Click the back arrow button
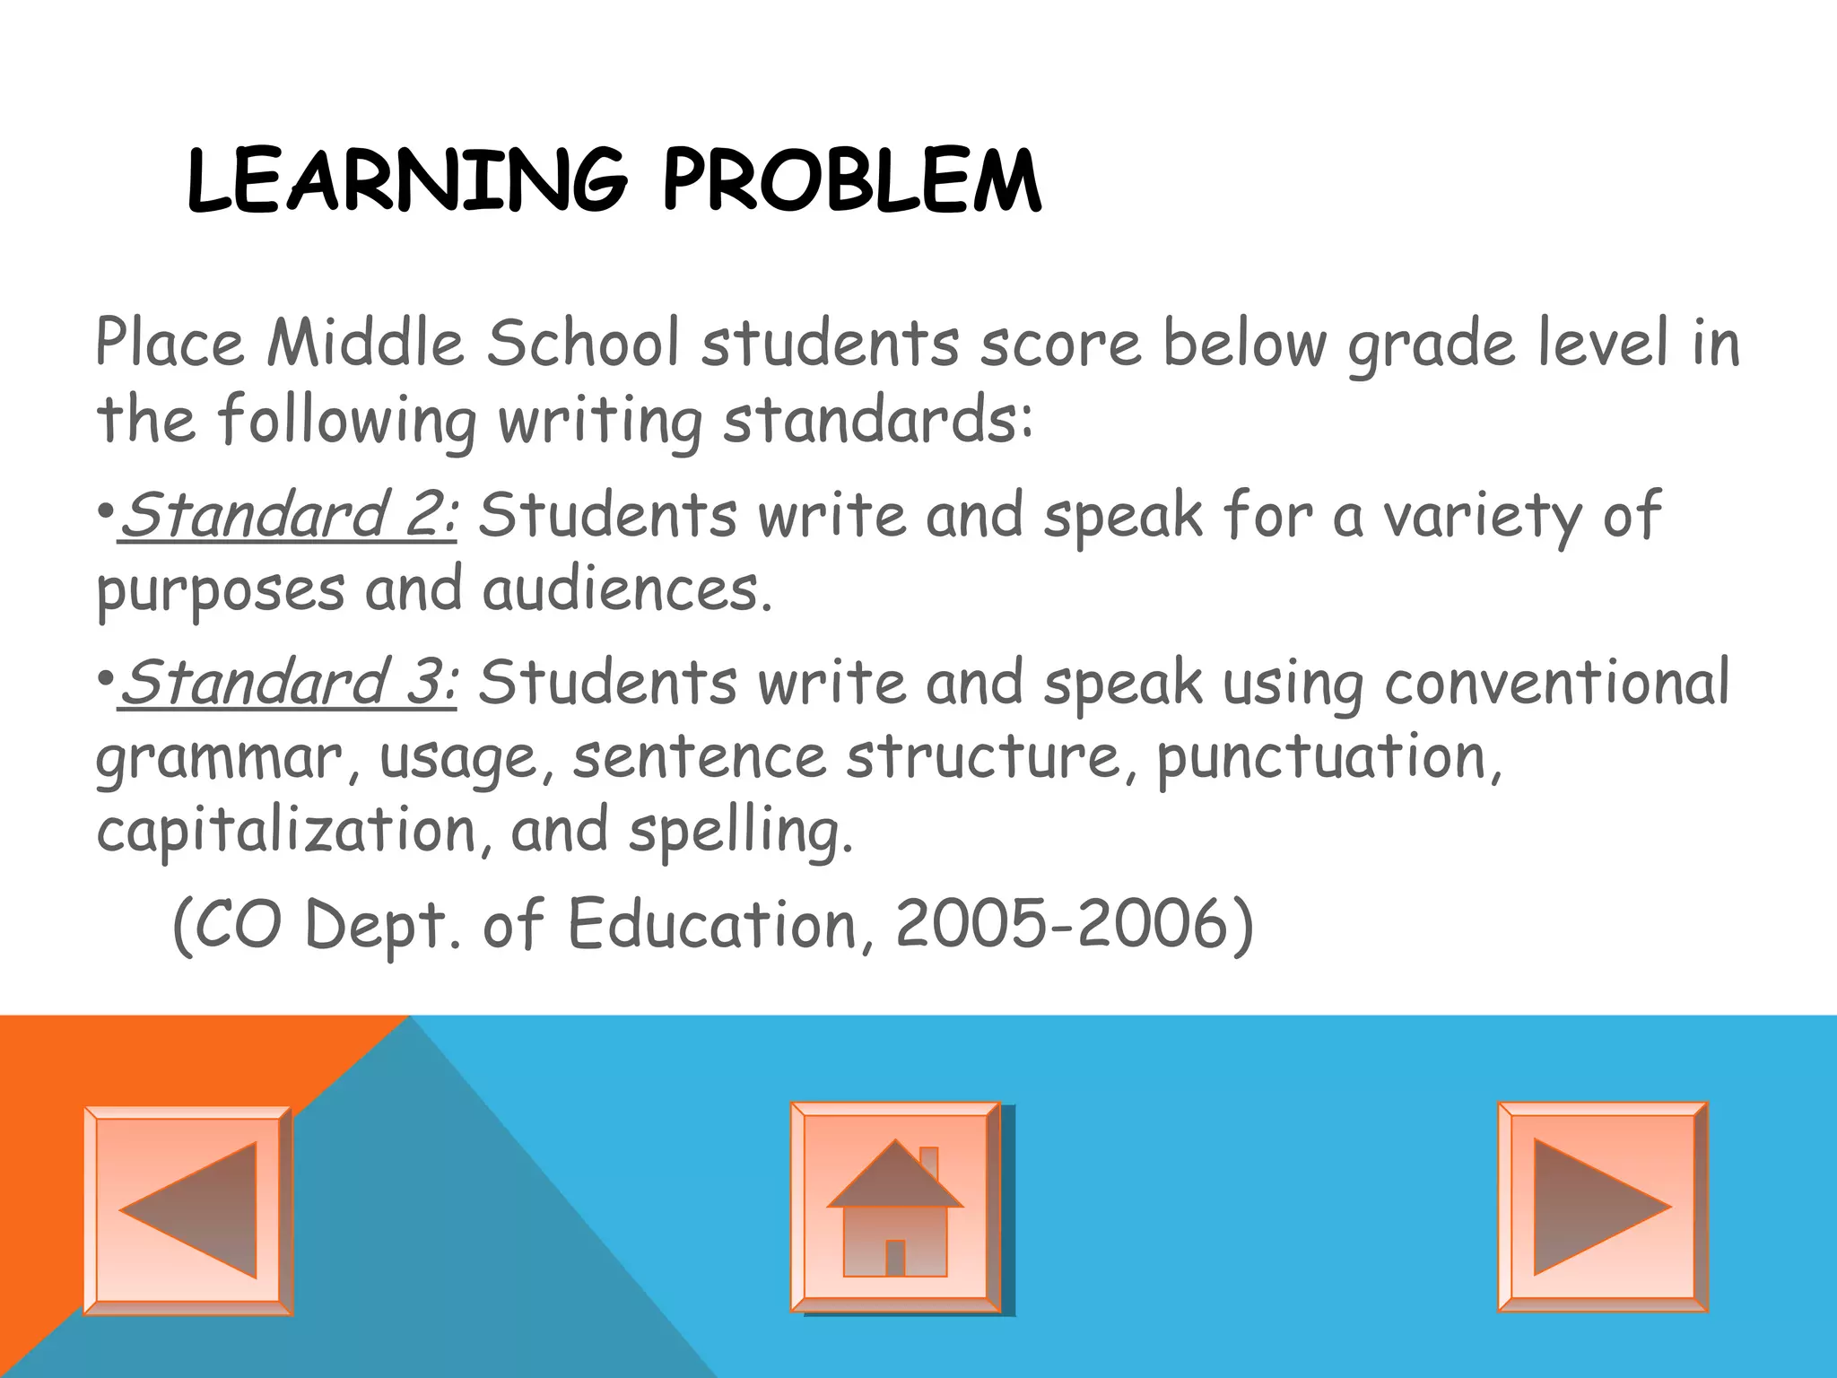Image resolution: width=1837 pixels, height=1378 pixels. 188,1210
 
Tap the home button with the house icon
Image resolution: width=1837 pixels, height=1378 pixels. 895,1208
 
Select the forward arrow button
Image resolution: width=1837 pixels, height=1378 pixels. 1602,1207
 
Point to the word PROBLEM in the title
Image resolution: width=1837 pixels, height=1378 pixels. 852,182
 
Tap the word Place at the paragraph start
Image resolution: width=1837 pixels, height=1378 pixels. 170,344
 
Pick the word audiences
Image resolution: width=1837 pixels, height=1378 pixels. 627,590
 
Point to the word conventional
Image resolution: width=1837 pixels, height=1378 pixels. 1556,683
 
